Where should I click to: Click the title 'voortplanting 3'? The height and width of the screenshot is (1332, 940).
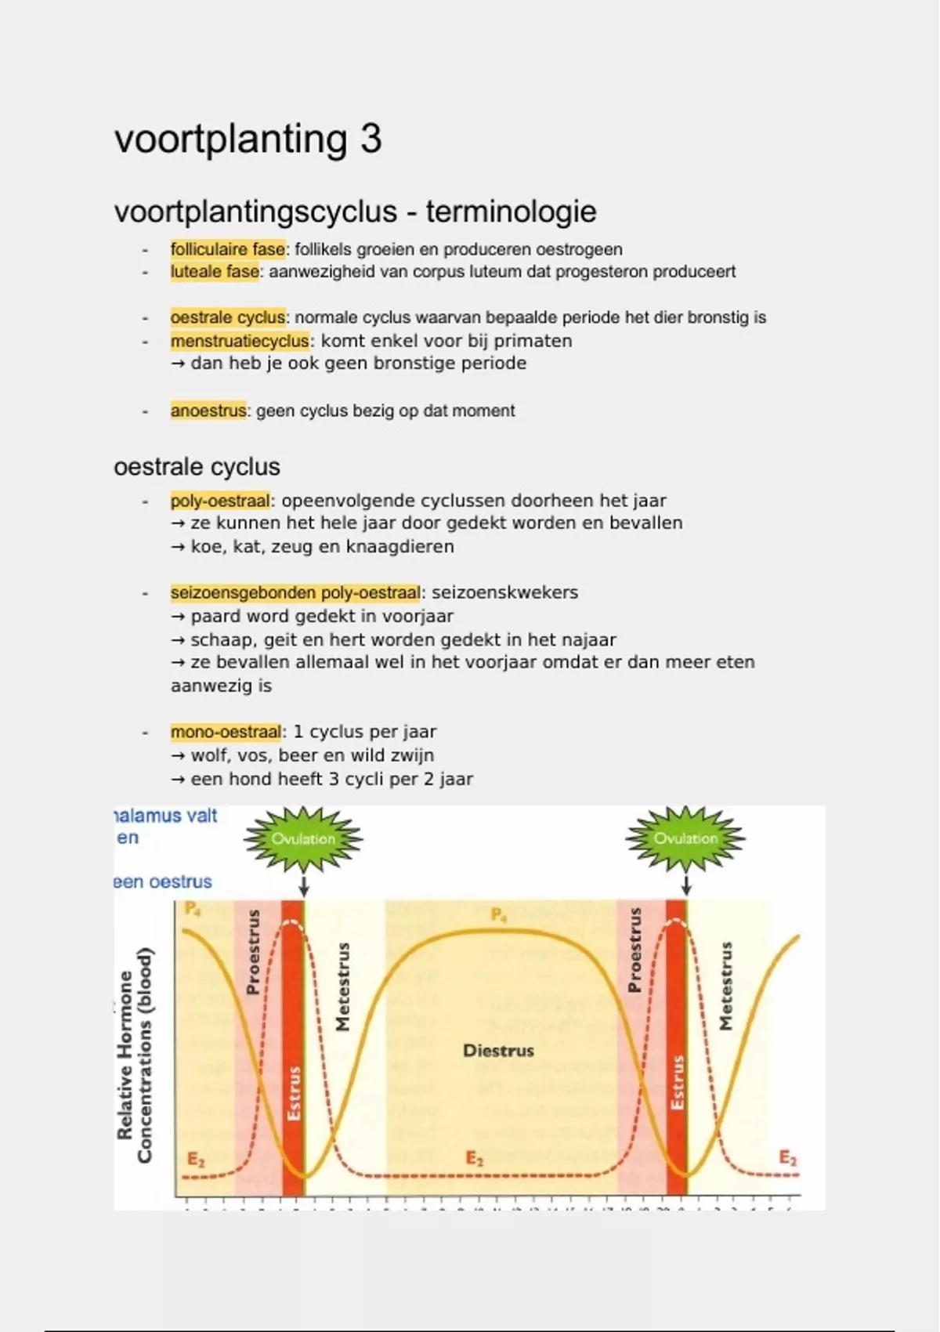tap(248, 139)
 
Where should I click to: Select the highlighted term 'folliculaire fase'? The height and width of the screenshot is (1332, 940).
tap(227, 249)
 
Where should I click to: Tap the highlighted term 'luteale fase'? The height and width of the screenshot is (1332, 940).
tap(215, 272)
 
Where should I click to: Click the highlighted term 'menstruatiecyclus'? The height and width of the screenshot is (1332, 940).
tap(240, 341)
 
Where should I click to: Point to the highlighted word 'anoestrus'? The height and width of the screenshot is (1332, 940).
tap(208, 411)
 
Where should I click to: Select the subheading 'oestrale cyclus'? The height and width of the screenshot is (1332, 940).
tap(197, 467)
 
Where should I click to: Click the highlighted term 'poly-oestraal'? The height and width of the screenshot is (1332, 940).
tap(220, 501)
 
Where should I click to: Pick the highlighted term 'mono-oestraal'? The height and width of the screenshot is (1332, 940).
tap(226, 732)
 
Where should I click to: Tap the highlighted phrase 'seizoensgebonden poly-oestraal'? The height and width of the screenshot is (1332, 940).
tap(295, 592)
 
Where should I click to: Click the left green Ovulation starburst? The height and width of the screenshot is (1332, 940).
tap(303, 838)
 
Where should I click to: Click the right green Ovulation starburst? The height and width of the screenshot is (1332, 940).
tap(685, 838)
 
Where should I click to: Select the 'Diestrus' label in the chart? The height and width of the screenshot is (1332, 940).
tap(498, 1051)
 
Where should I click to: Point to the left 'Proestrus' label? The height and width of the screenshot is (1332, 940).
tap(252, 952)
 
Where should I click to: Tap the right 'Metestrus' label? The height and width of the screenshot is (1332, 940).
tap(726, 986)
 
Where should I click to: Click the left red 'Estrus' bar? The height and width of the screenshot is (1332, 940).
tap(293, 1050)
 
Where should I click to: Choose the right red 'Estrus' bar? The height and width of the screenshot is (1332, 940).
tap(677, 1050)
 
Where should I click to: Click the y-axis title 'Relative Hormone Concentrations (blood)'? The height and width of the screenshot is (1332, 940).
tap(134, 1055)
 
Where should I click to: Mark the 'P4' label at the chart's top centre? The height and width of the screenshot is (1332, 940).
tap(498, 914)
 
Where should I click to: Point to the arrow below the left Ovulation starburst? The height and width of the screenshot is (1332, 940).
tap(304, 886)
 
